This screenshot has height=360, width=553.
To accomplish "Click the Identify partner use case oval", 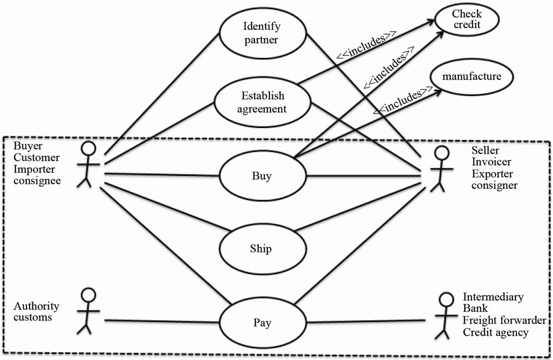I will point(262,33).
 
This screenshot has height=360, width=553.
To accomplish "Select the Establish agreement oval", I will point(262,102).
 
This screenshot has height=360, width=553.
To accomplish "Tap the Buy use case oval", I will point(262,177).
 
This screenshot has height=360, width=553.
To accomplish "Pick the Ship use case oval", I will point(262,249).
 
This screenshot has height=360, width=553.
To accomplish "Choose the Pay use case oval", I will point(262,322).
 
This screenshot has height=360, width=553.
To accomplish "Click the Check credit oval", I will point(467,20).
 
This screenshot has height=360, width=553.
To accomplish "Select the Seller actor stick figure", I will point(438,169).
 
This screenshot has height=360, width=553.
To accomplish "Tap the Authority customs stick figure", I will point(86,311).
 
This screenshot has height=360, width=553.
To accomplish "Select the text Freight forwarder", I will point(504,321).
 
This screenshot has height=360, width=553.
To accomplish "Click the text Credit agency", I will point(495,332).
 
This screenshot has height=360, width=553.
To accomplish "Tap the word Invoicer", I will point(491,162).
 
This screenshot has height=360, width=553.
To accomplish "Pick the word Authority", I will point(37,306).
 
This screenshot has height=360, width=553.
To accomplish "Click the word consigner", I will point(495,186).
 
